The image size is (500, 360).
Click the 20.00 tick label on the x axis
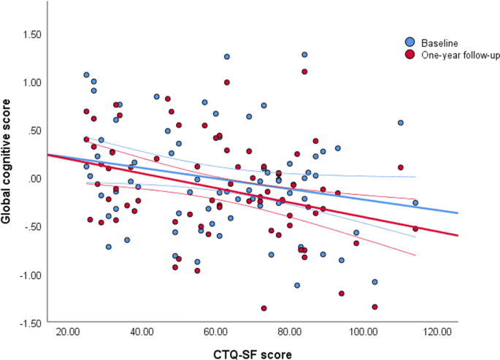[x=69, y=332]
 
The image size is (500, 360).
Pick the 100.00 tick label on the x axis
[x=363, y=332]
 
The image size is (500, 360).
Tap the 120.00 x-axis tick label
[x=436, y=332]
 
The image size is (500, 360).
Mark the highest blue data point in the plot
[x=304, y=54]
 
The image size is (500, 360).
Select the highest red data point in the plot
[x=304, y=72]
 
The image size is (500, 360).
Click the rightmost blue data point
[x=415, y=203]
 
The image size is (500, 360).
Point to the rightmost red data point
[x=415, y=229]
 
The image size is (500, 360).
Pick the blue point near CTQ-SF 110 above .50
[x=401, y=123]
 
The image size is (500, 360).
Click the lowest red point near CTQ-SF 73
[x=264, y=308]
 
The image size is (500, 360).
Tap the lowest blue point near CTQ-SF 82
[x=297, y=286]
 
